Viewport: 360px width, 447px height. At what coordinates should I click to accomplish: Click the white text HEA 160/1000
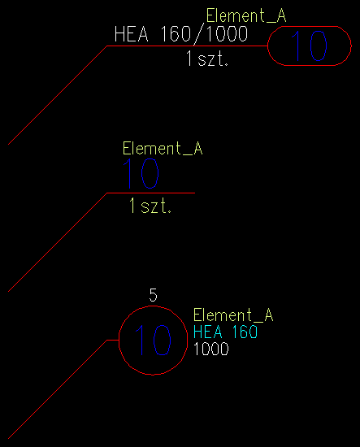[181, 34]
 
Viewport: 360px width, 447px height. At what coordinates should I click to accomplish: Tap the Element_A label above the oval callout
[246, 15]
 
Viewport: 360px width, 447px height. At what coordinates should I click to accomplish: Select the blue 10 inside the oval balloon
[309, 46]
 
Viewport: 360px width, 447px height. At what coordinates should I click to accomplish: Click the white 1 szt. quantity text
[207, 59]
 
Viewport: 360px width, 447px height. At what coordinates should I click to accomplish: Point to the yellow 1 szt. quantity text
[150, 206]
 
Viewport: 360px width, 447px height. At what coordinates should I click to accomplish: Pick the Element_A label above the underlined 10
[163, 149]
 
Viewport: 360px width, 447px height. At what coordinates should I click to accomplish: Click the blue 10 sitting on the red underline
[141, 174]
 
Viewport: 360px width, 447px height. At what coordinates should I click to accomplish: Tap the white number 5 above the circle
[153, 295]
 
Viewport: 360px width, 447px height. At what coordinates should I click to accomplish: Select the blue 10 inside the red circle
[153, 340]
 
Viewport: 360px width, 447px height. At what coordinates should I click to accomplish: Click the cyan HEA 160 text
[225, 332]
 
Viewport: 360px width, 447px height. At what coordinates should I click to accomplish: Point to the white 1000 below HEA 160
[211, 349]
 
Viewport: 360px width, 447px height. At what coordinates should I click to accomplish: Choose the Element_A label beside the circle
[233, 315]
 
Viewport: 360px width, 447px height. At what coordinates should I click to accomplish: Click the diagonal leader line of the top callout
[58, 95]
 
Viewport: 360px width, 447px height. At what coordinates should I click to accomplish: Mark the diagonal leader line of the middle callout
[58, 242]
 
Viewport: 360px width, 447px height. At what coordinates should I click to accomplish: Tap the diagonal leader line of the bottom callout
[58, 389]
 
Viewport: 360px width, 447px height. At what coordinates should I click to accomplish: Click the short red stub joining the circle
[113, 340]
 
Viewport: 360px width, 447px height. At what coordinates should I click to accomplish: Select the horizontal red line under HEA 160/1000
[187, 46]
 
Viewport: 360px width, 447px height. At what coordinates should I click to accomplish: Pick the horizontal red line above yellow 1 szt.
[151, 193]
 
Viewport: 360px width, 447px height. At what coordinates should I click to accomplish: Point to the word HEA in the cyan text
[208, 332]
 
